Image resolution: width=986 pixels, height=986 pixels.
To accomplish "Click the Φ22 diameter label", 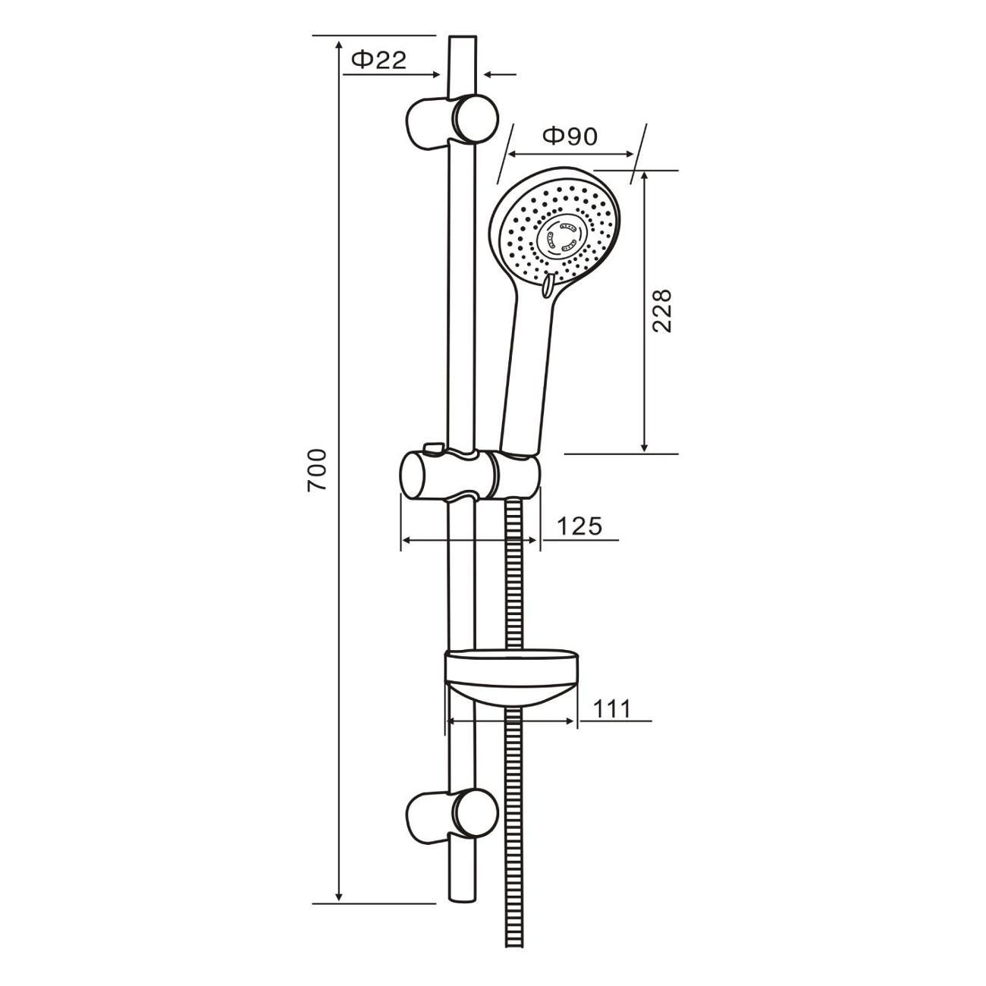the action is pos(378,61).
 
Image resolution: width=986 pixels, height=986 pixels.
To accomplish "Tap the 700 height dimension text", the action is pos(317,470).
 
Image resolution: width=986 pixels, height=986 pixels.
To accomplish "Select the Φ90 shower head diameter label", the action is pos(570,136).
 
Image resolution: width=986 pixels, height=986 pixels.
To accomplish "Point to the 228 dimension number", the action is pos(661,311).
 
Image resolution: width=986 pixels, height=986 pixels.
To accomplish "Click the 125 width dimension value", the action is pos(579,526).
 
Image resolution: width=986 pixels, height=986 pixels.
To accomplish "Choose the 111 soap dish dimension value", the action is pos(611,708).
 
